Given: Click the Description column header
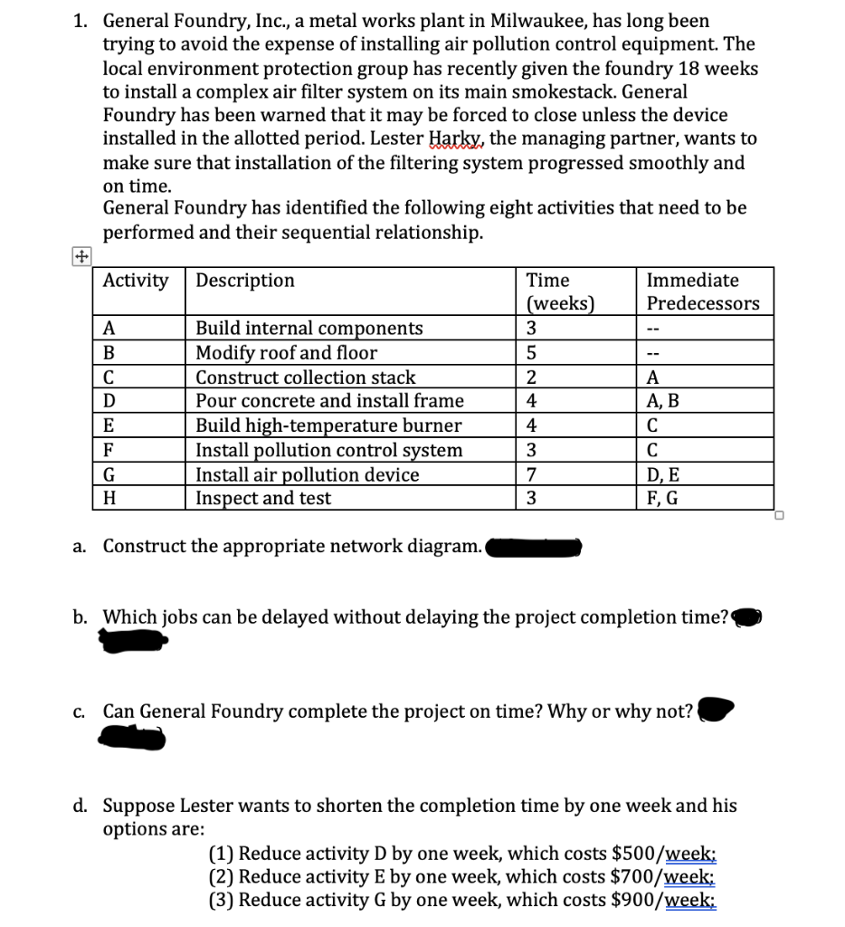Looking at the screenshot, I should tap(245, 281).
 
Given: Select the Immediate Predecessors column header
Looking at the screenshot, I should tap(703, 291).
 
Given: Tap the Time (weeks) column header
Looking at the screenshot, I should tap(559, 291).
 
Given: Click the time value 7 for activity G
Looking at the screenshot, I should tap(533, 474).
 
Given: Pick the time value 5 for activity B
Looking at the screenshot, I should tap(533, 352).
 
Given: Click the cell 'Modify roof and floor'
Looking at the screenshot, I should tap(287, 352).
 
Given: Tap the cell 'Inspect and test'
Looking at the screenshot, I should tap(263, 498).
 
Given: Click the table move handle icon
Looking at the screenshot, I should tap(81, 255).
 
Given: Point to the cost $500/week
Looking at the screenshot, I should tap(665, 853).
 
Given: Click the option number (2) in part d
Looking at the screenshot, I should tap(222, 876).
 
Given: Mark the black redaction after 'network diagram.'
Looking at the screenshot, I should tap(534, 547).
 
